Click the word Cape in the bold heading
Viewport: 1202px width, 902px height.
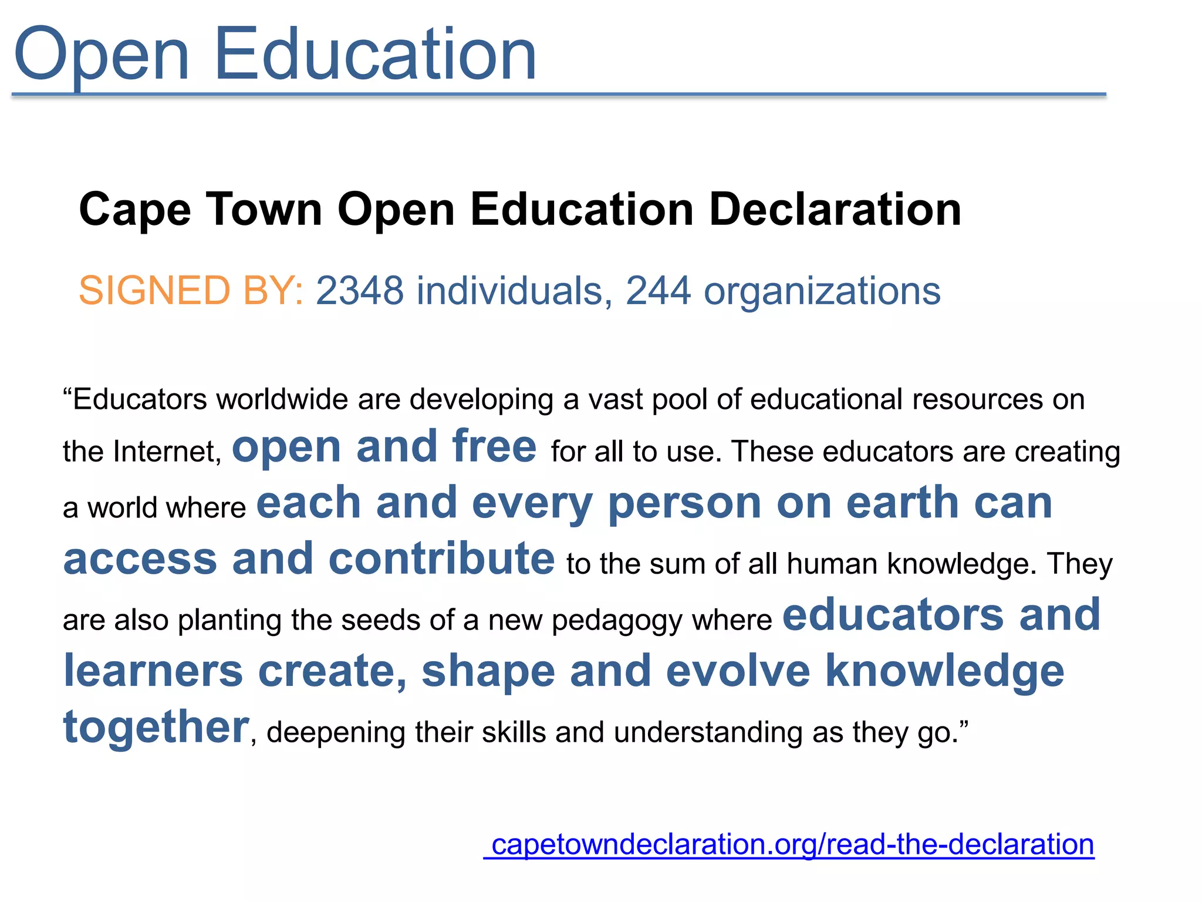coord(135,210)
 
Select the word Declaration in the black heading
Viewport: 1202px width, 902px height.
coord(835,210)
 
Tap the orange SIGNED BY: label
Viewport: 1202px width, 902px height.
coord(191,291)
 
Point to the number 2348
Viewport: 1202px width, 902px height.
coord(360,291)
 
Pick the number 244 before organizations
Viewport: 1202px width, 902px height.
coord(658,291)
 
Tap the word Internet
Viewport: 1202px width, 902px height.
coord(167,452)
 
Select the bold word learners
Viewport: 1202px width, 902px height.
coord(153,671)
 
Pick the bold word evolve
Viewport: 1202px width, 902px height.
coord(738,671)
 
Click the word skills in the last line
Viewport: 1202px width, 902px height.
coord(514,733)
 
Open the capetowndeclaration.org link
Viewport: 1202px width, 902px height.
coord(792,845)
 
